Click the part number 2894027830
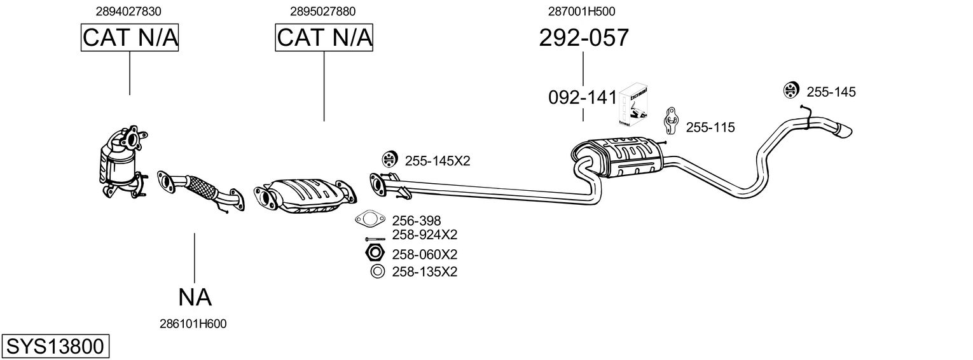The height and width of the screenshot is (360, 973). (x=128, y=11)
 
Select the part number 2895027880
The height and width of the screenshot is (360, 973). (x=322, y=11)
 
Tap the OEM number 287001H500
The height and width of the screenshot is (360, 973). (x=582, y=11)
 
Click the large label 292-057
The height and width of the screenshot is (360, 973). (x=584, y=38)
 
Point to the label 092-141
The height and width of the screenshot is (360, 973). (x=583, y=97)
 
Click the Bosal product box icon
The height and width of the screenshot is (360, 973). (x=633, y=105)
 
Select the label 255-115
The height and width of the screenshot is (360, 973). (x=710, y=127)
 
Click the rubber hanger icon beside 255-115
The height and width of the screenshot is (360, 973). (x=671, y=120)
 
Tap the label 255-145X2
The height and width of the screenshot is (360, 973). (x=438, y=161)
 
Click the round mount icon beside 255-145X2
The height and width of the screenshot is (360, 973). (x=389, y=159)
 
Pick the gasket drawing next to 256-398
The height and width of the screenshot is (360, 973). (x=370, y=219)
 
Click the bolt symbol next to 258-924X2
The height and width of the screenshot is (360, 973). (x=375, y=239)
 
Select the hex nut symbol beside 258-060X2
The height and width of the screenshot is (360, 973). (x=375, y=253)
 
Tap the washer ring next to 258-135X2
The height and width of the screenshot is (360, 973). (x=378, y=272)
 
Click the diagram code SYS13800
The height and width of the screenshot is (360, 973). (x=55, y=347)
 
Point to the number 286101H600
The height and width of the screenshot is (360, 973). (x=193, y=324)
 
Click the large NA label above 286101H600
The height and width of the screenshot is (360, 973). (x=195, y=298)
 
